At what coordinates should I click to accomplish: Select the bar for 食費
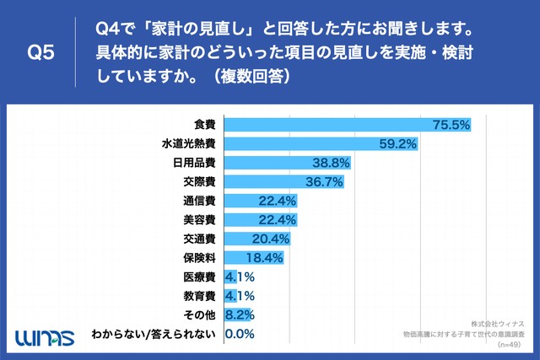[x=346, y=125]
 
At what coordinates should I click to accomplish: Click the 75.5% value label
[x=451, y=125]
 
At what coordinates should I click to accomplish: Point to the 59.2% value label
[x=398, y=144]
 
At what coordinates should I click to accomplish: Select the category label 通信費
[x=197, y=201]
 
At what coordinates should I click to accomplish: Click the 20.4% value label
[x=271, y=239]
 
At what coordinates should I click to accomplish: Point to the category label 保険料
[x=197, y=258]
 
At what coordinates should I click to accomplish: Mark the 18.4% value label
[x=264, y=258]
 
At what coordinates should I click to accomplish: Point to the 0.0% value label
[x=240, y=335]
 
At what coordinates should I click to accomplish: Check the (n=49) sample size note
[x=511, y=345]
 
